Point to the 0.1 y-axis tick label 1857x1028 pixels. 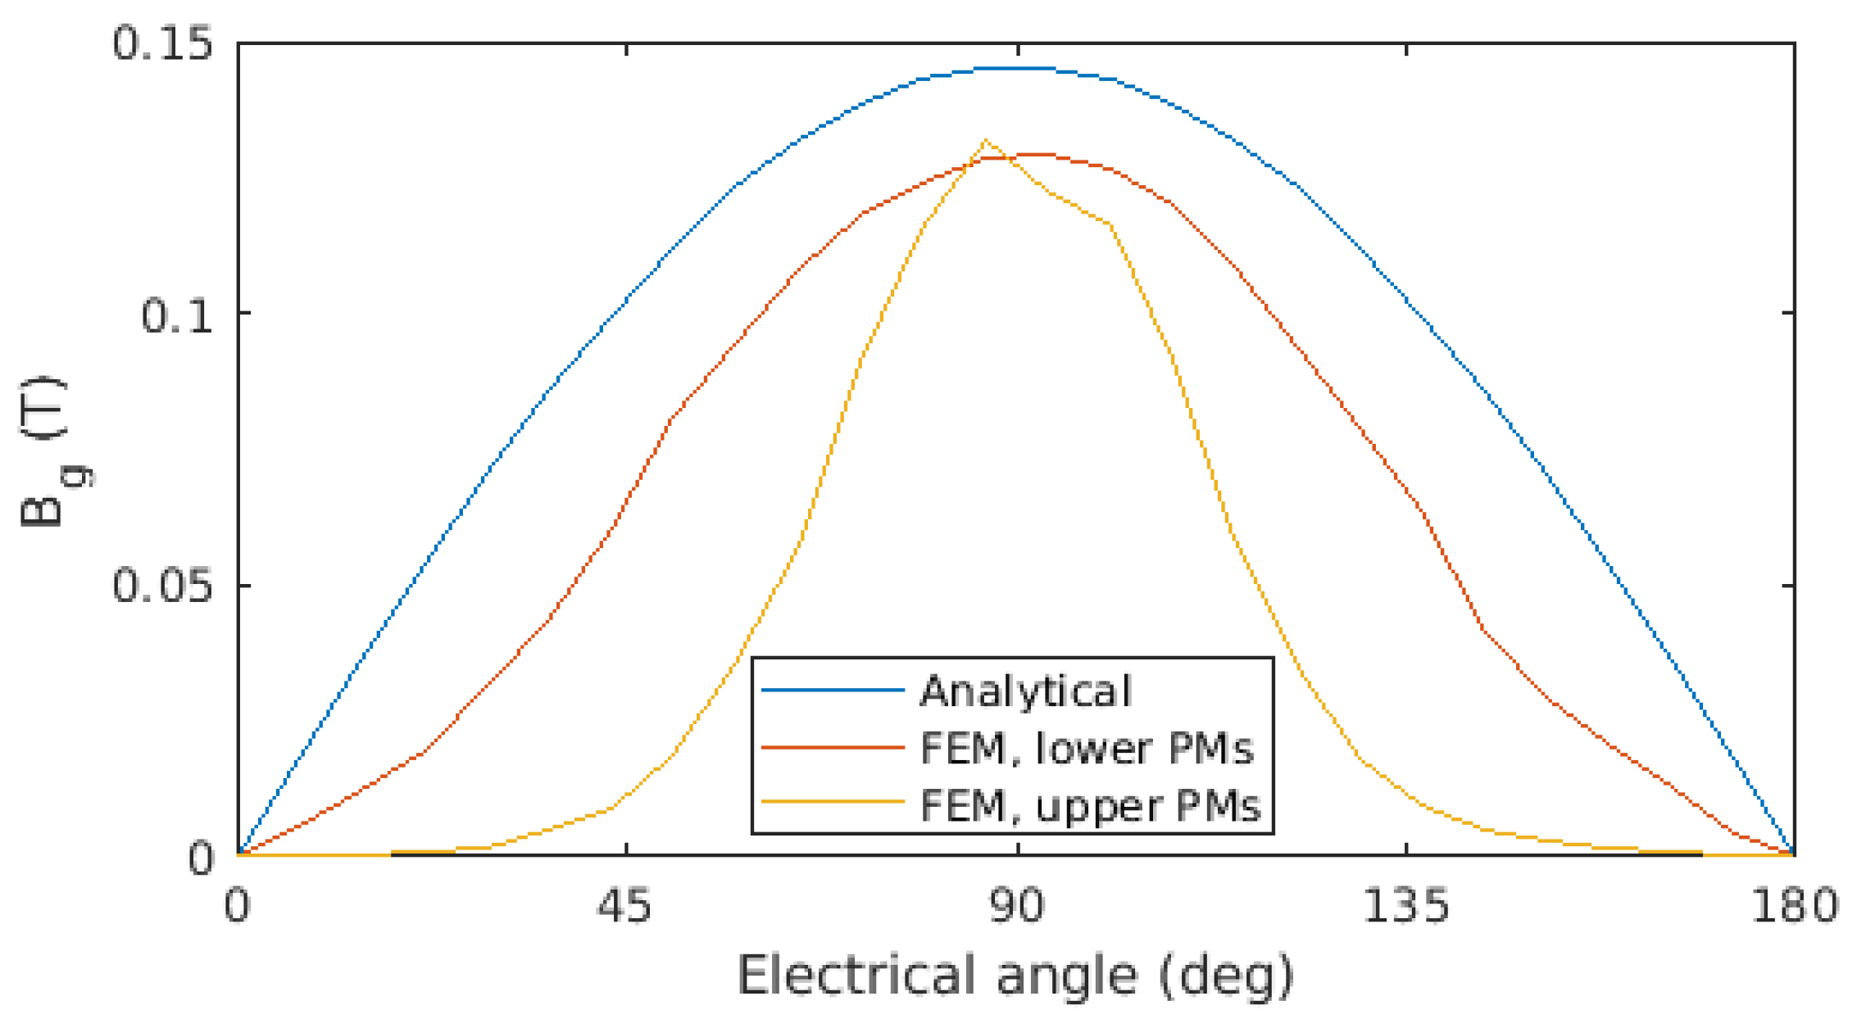coord(176,315)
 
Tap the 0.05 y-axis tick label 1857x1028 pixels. coord(161,586)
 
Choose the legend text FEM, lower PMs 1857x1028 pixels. coord(1087,748)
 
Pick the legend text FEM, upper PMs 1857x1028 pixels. coord(1090,805)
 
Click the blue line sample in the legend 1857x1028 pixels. coord(832,691)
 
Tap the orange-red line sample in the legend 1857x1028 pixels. coord(832,747)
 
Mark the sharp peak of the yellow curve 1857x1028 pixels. coord(984,141)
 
